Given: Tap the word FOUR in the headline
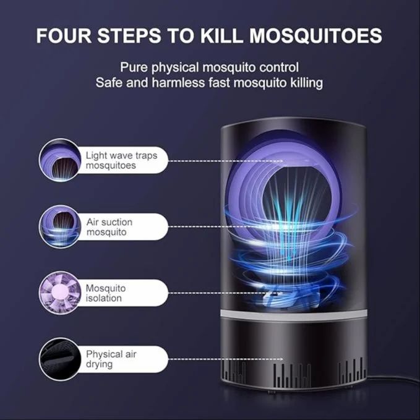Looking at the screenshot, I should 63,35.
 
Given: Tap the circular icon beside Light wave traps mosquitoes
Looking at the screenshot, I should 60,160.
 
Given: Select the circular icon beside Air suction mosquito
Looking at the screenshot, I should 60,226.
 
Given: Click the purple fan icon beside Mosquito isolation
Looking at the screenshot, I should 60,293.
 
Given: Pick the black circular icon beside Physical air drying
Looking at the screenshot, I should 60,359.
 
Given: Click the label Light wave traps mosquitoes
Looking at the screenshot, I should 121,161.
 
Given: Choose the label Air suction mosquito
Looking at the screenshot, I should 109,227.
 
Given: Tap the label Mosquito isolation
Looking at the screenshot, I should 106,293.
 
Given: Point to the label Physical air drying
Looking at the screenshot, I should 111,359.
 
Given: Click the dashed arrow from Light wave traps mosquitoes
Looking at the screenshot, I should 225,161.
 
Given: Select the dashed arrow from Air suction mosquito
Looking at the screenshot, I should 225,227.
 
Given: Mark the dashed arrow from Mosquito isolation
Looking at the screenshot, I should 225,293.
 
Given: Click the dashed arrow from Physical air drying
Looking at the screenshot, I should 225,359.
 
